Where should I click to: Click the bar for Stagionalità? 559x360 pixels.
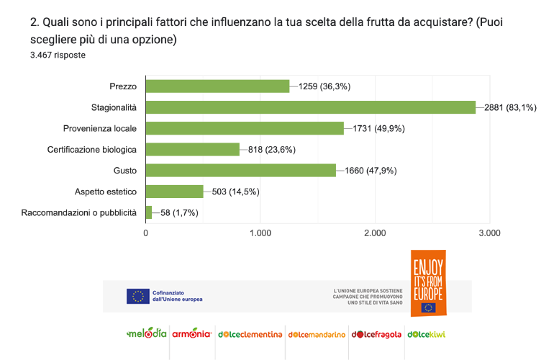[x=311, y=107]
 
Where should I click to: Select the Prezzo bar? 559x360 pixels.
[x=217, y=86]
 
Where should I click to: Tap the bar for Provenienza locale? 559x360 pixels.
[x=245, y=128]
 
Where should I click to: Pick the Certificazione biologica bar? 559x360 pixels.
[x=193, y=149]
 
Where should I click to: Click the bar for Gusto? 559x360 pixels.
[x=241, y=170]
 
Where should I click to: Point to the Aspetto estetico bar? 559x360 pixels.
[x=175, y=191]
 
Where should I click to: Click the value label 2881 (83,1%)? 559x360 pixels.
[x=510, y=108]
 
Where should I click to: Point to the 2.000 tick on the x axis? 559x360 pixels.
[x=375, y=233]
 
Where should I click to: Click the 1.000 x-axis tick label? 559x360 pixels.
[x=260, y=233]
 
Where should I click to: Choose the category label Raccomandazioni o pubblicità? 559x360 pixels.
[x=78, y=212]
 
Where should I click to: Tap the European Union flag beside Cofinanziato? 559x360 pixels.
[x=137, y=296]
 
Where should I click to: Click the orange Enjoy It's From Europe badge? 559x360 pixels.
[x=427, y=282]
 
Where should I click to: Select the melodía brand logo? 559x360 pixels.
[x=147, y=334]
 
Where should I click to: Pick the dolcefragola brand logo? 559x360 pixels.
[x=376, y=334]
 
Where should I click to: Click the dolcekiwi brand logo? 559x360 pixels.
[x=427, y=334]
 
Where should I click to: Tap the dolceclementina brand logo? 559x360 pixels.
[x=250, y=334]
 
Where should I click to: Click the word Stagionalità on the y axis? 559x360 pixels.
[x=114, y=107]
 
